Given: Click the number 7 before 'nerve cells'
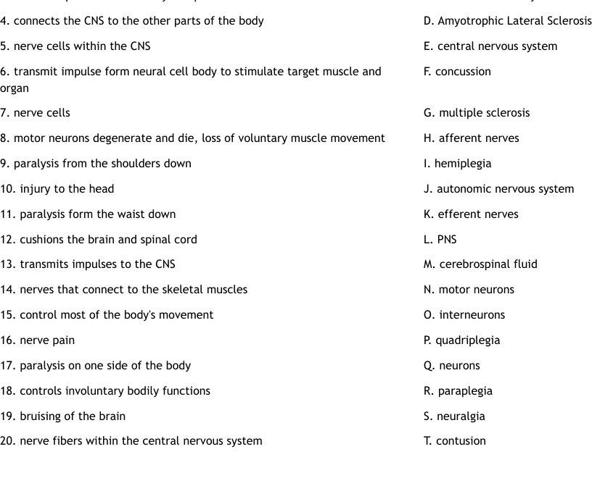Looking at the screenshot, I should point(4,113).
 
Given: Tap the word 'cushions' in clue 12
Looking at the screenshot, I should point(43,240).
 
